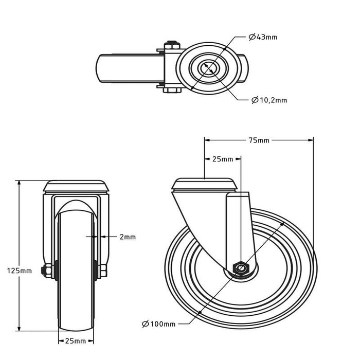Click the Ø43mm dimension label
coord(263,37)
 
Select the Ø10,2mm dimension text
coord(269,100)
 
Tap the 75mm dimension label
coord(259,140)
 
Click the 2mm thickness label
coord(127,237)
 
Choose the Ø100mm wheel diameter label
coord(158,323)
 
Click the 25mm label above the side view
coord(223,159)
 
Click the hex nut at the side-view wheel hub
coord(240,267)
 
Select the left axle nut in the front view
coord(47,271)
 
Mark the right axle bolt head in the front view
coord(102,271)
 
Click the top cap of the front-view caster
coord(75,185)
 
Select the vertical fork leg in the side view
coord(239,226)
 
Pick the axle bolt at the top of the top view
coord(171,46)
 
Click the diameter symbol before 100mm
coord(146,323)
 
